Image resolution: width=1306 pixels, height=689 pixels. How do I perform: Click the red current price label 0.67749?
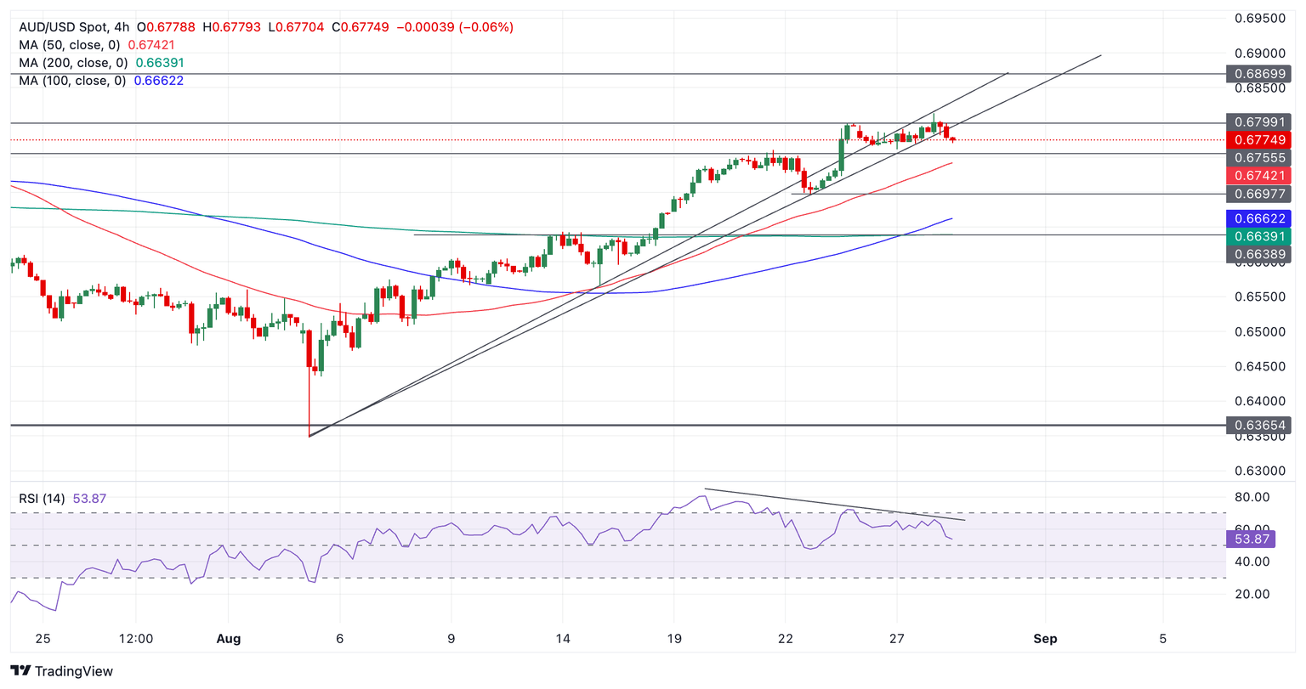(1258, 140)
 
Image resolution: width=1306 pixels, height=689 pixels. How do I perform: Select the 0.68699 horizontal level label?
(1258, 74)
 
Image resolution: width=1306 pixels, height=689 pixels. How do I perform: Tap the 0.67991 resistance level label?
(1258, 122)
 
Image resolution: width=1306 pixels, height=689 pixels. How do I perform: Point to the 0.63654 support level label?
(1258, 425)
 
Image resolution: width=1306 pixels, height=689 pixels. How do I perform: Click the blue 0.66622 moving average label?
(1258, 218)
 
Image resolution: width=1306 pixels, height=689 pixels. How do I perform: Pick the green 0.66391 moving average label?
(1258, 235)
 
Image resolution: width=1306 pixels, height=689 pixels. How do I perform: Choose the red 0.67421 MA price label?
(1258, 176)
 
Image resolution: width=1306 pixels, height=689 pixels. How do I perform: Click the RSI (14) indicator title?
(42, 499)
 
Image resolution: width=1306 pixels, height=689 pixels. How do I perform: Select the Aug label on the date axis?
(229, 639)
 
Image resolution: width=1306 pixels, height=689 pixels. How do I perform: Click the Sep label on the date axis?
(1045, 639)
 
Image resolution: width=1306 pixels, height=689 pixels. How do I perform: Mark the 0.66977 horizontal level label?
(1258, 195)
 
